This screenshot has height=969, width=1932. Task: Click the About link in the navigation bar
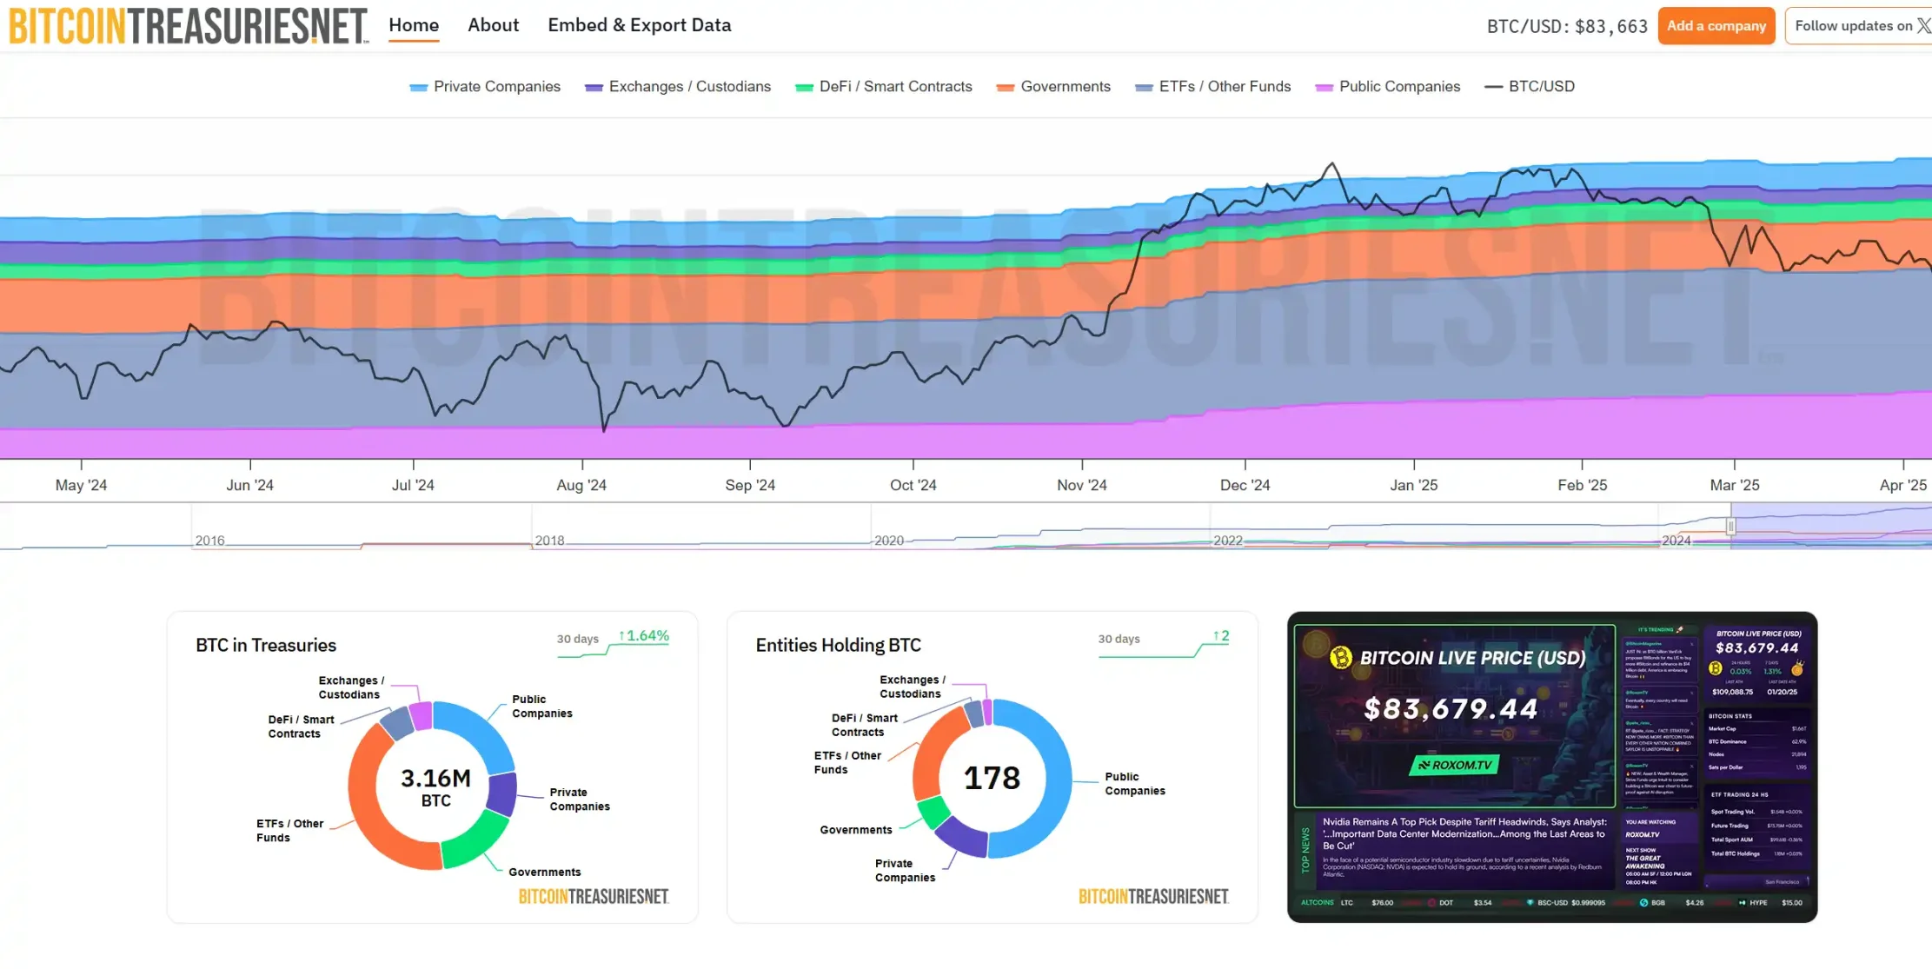click(493, 25)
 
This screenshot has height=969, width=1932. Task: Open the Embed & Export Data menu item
click(639, 25)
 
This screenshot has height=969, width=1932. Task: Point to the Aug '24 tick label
click(581, 485)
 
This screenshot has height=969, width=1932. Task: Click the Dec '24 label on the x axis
click(1245, 485)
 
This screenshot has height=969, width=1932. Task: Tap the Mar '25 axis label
click(1734, 485)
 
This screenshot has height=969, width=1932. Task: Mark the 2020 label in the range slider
click(888, 541)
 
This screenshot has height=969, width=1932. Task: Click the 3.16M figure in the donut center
click(435, 778)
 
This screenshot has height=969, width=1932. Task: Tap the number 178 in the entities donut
click(992, 778)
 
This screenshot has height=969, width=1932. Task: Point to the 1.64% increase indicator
click(644, 636)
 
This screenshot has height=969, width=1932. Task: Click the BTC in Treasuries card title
click(266, 645)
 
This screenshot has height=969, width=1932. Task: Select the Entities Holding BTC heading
click(838, 645)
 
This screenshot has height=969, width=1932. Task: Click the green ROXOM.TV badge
click(1454, 765)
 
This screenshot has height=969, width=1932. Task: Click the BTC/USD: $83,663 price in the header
click(1567, 26)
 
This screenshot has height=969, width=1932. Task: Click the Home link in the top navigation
click(414, 25)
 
